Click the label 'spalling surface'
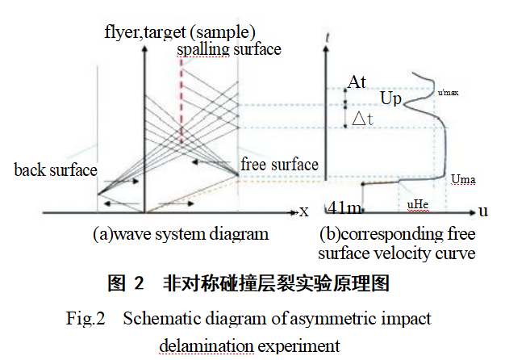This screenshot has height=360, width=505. click(x=230, y=49)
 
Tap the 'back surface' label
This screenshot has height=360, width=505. click(x=55, y=170)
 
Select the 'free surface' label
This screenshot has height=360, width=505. click(x=279, y=165)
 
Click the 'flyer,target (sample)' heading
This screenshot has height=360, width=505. click(x=179, y=32)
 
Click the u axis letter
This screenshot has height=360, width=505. click(x=483, y=211)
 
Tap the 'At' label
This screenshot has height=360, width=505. click(x=357, y=82)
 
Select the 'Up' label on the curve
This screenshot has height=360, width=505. click(x=390, y=98)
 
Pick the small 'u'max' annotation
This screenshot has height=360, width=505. click(x=448, y=94)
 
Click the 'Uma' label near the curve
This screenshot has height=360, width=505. click(x=463, y=178)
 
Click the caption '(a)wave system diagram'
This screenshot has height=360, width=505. click(x=180, y=234)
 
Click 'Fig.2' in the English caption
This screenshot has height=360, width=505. click(x=86, y=318)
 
